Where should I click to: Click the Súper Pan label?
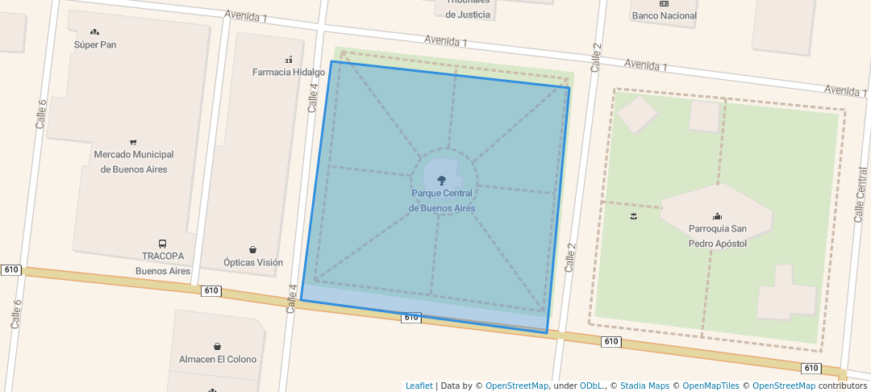point(95,45)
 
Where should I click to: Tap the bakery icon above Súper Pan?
point(95,32)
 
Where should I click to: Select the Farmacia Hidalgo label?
point(289,73)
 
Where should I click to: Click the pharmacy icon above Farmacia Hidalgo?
point(289,60)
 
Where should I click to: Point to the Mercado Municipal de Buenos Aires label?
point(134,161)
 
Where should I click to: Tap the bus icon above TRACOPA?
point(163,244)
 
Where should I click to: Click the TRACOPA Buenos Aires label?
point(163,264)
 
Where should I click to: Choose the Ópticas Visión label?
point(253,263)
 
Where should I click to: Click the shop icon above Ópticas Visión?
point(253,250)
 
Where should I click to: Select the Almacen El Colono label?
point(218,360)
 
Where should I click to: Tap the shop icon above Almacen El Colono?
point(218,347)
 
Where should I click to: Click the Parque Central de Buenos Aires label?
point(442,201)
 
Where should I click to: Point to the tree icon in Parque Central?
point(441,181)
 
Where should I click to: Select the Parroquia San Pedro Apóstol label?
point(718,236)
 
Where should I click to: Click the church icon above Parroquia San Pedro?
point(718,216)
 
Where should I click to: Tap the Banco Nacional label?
point(665,16)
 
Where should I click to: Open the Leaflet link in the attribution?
point(419,386)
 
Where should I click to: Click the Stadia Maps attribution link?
point(644,386)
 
